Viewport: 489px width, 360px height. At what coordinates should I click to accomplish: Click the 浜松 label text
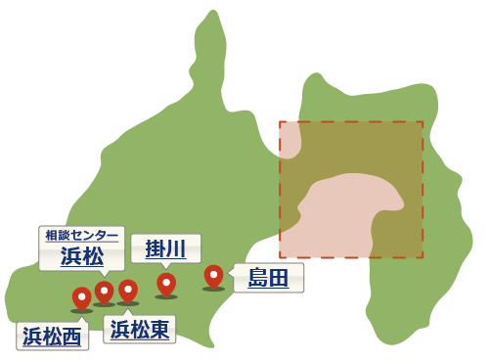(x=81, y=256)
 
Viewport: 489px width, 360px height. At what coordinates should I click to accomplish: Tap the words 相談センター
(x=81, y=236)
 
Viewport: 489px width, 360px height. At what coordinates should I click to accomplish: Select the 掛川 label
(x=165, y=248)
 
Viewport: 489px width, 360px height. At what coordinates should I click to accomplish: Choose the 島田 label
(x=268, y=278)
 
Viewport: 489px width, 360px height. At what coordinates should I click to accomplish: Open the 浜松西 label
(x=52, y=337)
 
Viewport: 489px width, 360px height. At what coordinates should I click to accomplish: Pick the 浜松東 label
(x=140, y=330)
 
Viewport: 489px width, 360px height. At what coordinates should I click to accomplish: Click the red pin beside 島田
(x=213, y=276)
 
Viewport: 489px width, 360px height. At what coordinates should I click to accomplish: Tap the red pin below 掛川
(x=166, y=283)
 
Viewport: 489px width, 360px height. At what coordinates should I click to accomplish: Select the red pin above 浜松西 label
(x=82, y=296)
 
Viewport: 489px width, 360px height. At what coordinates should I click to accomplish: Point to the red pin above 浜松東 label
(x=128, y=290)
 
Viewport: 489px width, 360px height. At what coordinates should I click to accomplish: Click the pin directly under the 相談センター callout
(x=105, y=292)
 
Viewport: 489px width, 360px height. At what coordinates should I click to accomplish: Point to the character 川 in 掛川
(x=176, y=248)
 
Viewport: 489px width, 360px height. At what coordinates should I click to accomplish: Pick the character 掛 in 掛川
(x=155, y=248)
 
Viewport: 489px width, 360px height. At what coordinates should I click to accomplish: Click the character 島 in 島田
(x=258, y=278)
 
